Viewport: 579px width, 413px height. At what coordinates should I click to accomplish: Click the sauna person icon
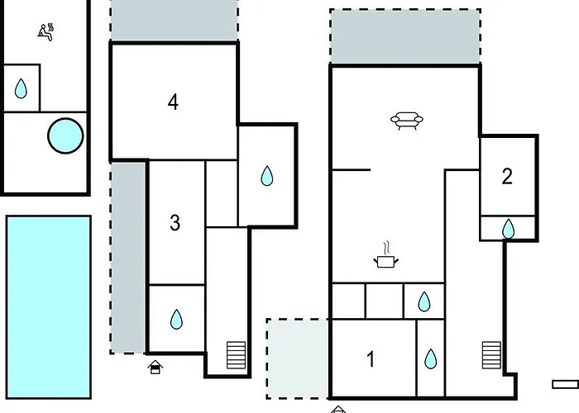[45, 32]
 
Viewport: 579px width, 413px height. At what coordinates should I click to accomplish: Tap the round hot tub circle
[65, 135]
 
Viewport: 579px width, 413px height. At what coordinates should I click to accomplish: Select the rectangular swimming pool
[49, 307]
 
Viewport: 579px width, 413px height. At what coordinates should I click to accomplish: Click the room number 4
[173, 102]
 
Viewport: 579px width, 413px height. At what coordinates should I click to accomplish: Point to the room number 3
[175, 223]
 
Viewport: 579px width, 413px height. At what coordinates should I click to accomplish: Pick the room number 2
[507, 176]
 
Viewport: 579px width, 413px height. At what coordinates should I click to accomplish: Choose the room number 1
[371, 359]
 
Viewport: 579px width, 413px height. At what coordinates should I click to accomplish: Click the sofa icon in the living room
[407, 121]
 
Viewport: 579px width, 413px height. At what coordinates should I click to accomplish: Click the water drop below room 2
[509, 229]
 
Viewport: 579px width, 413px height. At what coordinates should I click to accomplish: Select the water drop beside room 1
[431, 359]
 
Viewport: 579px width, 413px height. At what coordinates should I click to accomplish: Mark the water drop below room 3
[176, 320]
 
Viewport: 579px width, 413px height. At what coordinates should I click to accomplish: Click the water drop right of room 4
[267, 176]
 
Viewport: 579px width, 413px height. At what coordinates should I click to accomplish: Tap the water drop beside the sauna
[21, 88]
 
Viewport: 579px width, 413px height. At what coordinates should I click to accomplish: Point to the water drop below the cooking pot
[424, 301]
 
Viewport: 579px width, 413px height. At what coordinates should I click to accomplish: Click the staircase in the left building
[236, 355]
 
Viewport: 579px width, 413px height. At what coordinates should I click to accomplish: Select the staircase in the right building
[491, 355]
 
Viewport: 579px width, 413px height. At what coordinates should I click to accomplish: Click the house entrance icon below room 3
[156, 368]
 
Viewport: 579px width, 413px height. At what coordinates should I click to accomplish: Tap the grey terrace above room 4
[175, 21]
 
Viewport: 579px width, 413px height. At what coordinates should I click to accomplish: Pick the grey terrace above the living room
[405, 36]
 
